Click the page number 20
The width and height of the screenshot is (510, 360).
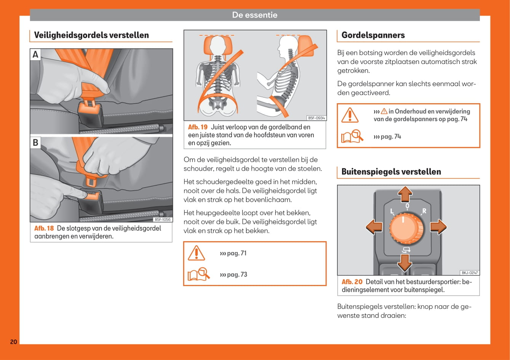coord(13,342)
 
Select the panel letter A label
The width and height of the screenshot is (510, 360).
coord(35,54)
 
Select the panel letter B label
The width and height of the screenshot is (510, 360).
coord(35,142)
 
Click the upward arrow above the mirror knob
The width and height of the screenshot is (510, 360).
coord(405,194)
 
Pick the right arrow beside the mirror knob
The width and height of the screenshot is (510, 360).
coord(438,227)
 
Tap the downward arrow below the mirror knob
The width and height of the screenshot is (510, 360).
coord(404,262)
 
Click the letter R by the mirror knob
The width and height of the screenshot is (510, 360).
coord(424,211)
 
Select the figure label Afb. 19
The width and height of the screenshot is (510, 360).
coord(198,127)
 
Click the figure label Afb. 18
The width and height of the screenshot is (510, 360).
coord(44,228)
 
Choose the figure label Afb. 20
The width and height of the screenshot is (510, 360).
coord(352,282)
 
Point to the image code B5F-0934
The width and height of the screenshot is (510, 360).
coord(316,118)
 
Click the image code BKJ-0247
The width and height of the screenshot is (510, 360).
coord(470,272)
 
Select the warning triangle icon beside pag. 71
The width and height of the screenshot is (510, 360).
coord(197,253)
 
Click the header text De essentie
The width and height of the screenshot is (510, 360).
coord(255,15)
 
